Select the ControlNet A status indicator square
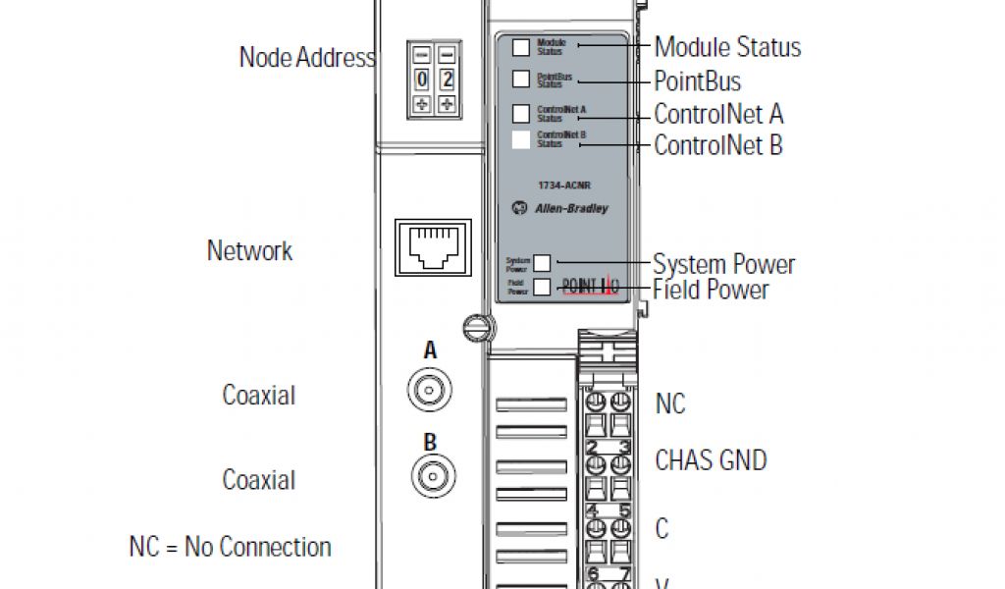521,113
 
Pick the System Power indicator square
542,262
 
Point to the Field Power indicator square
542,287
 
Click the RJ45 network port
432,246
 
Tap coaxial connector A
430,391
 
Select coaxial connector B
430,477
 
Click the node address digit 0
422,80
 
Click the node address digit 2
447,80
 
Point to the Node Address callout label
307,57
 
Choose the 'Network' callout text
249,250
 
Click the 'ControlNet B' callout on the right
718,146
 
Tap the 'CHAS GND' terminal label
711,460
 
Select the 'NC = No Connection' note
231,547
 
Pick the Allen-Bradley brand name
570,208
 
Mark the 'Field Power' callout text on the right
711,290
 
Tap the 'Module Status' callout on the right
727,46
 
